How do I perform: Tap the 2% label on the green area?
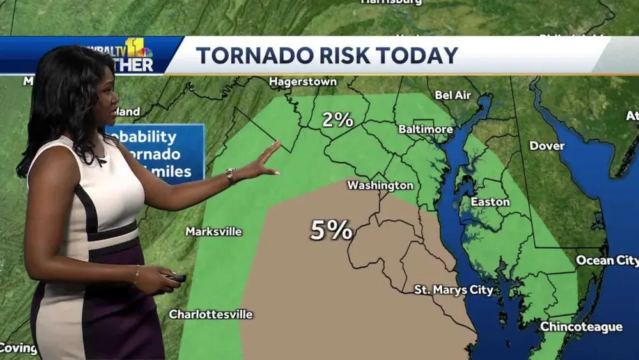point(337,119)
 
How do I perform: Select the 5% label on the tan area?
point(331,230)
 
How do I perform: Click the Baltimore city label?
point(426,129)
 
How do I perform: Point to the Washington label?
point(380,185)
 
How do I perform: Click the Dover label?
point(546,146)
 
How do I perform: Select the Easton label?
point(490,201)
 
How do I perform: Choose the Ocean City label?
point(606,260)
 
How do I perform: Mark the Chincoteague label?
point(581,327)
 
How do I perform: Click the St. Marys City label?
point(454,290)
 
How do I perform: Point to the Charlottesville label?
point(210,314)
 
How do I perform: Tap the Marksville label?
point(213,231)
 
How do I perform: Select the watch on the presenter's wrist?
point(231,176)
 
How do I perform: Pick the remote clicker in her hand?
point(174,278)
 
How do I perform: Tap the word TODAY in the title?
point(417,55)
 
